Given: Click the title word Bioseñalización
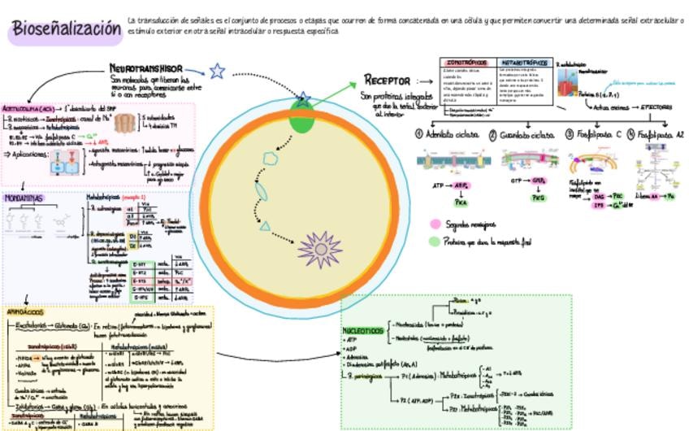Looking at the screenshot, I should tap(66, 29).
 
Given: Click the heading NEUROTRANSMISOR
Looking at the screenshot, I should tap(146, 69).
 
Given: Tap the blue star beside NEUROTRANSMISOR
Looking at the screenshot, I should tap(217, 72).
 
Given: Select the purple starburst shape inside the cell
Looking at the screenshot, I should tap(318, 249).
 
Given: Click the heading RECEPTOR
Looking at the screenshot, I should tap(387, 80).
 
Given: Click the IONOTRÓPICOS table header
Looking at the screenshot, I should tap(466, 63).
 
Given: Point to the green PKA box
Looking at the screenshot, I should tap(448, 203).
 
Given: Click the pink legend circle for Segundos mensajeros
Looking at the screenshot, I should tap(435, 224).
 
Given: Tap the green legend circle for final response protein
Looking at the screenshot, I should tap(435, 241).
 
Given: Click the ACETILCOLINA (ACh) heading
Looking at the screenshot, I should tap(28, 107).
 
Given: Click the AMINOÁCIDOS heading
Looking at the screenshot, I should tap(26, 311).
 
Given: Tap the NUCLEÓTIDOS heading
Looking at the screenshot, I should tap(362, 331).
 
